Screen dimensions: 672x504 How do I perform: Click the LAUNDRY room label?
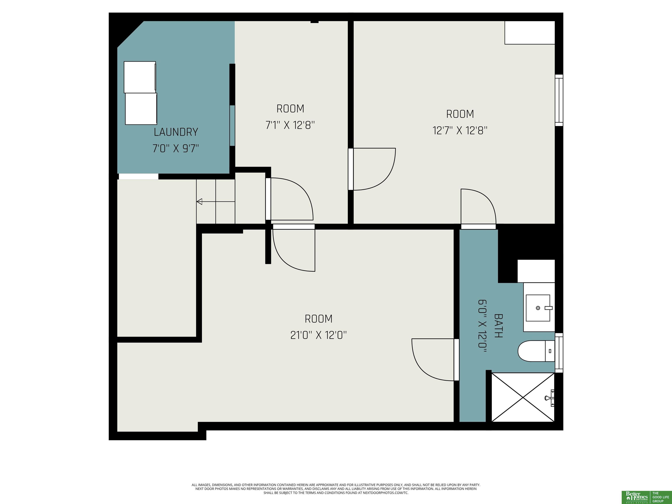176,132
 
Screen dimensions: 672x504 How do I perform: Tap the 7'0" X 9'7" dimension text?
176,149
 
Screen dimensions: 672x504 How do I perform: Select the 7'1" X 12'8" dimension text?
290,125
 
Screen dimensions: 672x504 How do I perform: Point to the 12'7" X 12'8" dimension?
460,131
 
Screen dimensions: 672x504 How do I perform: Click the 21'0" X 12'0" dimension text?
318,335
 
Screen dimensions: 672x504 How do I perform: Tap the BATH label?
499,326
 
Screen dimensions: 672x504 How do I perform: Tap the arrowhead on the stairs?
199,201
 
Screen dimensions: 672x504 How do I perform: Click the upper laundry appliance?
140,77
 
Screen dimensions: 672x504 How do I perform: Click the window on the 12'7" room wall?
559,100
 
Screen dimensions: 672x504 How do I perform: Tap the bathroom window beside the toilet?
559,353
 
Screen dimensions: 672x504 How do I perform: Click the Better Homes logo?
636,497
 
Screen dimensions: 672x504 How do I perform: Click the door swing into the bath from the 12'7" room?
478,206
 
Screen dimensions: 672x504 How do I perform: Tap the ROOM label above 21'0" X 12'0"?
318,319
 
